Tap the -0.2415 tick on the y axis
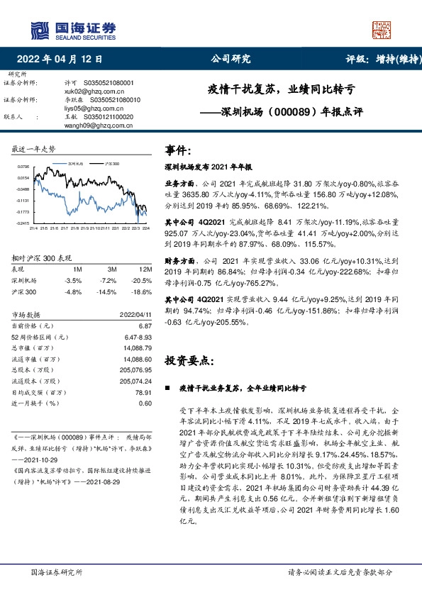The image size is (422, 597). tap(22, 223)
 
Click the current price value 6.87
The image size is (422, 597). tap(145, 325)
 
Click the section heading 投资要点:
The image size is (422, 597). tap(188, 361)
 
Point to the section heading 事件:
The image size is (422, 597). tap(178, 150)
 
